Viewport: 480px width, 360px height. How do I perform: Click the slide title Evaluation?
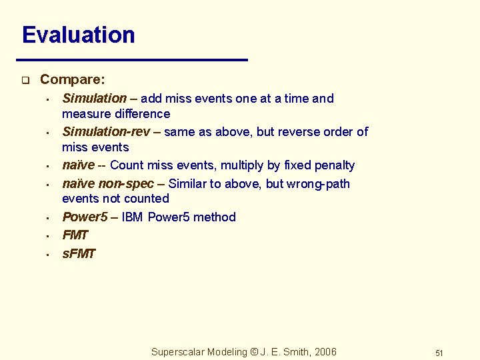click(78, 35)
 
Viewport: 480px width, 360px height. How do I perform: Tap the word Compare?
click(72, 79)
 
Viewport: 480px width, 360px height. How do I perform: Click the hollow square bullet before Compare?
click(25, 81)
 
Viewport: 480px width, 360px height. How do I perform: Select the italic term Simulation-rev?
click(106, 131)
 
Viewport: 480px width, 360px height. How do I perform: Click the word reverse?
click(291, 131)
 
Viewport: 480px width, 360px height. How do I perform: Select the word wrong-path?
click(318, 183)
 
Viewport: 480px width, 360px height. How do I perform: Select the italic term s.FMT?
click(79, 253)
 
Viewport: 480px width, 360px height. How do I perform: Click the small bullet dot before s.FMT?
click(49, 255)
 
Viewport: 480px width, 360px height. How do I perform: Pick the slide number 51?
click(439, 353)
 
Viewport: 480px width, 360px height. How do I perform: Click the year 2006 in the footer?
click(325, 352)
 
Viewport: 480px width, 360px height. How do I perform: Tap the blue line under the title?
click(133, 59)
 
